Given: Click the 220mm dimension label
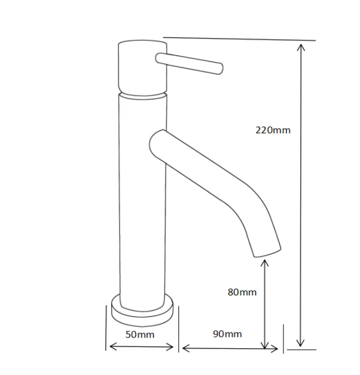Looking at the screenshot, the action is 273,130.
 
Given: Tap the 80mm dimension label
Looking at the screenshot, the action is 242,292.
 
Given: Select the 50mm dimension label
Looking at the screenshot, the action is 140,334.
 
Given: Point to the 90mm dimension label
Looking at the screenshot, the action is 228,334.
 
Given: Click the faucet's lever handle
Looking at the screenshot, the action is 189,63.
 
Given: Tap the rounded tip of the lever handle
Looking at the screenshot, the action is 221,69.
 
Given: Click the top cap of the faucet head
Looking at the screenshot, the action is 143,43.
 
